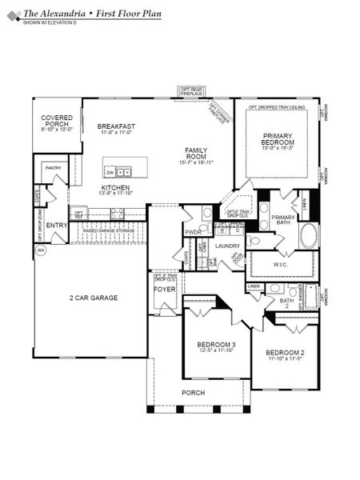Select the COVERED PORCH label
pyautogui.click(x=57, y=122)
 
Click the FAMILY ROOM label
pyautogui.click(x=196, y=154)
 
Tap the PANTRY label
pyautogui.click(x=53, y=168)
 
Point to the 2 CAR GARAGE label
pyautogui.click(x=92, y=298)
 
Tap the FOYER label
pyautogui.click(x=164, y=290)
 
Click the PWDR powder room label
pyautogui.click(x=193, y=232)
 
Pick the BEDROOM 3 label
pyautogui.click(x=216, y=346)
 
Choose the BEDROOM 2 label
pyautogui.click(x=285, y=355)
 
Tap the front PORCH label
pyautogui.click(x=193, y=393)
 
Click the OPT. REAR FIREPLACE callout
pyautogui.click(x=192, y=91)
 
